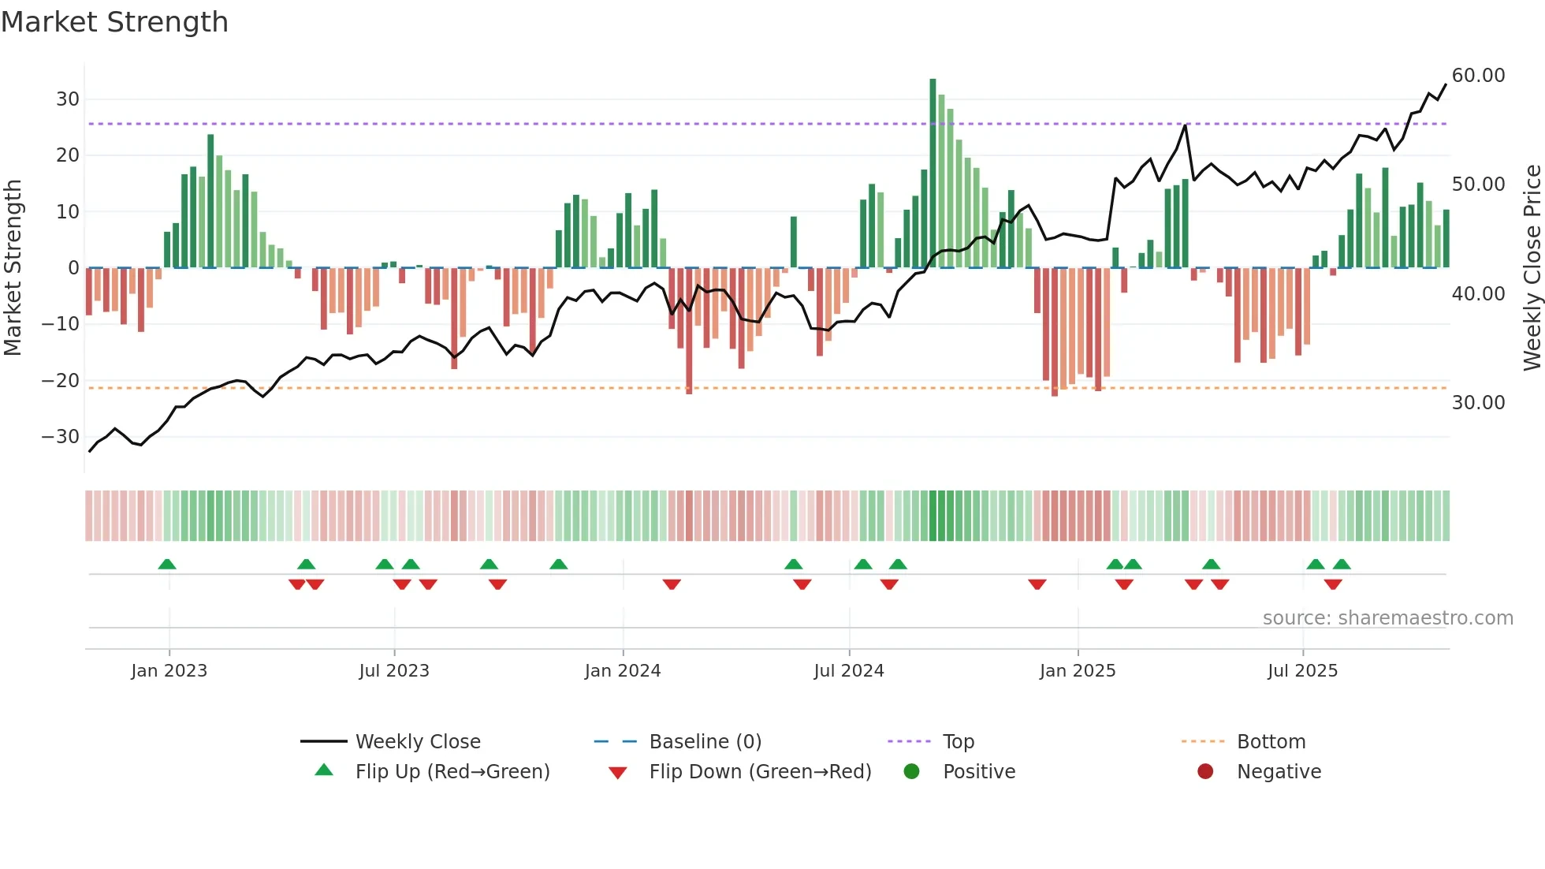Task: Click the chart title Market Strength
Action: (x=114, y=22)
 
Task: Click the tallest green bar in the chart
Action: (x=933, y=173)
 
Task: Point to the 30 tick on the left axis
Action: (x=68, y=99)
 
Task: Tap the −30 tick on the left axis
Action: (x=61, y=437)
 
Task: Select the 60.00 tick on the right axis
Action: (x=1478, y=76)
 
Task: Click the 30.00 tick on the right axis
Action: (x=1478, y=403)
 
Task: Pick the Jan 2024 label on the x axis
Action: (x=622, y=671)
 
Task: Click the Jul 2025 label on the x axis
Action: (x=1302, y=671)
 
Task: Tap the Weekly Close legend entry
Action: (x=417, y=742)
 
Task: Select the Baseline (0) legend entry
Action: (x=705, y=742)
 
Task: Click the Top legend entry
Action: (x=958, y=742)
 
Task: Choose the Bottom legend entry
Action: (x=1271, y=742)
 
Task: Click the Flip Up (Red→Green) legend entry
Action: (x=452, y=772)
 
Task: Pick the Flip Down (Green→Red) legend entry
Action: (x=760, y=772)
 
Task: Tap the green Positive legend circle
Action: (x=912, y=772)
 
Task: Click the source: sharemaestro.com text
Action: (x=1387, y=618)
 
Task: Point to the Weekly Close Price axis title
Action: (x=1532, y=268)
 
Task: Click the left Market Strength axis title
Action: (x=13, y=268)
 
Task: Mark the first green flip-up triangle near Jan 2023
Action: (x=167, y=564)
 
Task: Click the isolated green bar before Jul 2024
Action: (x=794, y=242)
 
